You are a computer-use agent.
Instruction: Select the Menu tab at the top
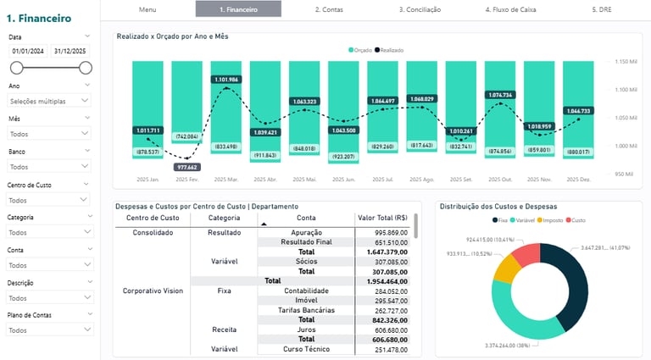tap(147, 9)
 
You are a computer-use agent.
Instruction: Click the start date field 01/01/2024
tap(28, 51)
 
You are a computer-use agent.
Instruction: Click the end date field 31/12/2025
tap(70, 51)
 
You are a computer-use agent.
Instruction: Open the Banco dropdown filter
tap(49, 167)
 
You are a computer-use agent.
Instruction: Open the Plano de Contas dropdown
tap(49, 330)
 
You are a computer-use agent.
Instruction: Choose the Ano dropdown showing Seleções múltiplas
tap(49, 101)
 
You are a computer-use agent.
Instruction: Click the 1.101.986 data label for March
tap(227, 79)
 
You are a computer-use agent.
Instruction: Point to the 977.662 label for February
tap(186, 167)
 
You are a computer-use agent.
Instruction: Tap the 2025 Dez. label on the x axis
tap(578, 180)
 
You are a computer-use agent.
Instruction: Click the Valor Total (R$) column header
tap(382, 218)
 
